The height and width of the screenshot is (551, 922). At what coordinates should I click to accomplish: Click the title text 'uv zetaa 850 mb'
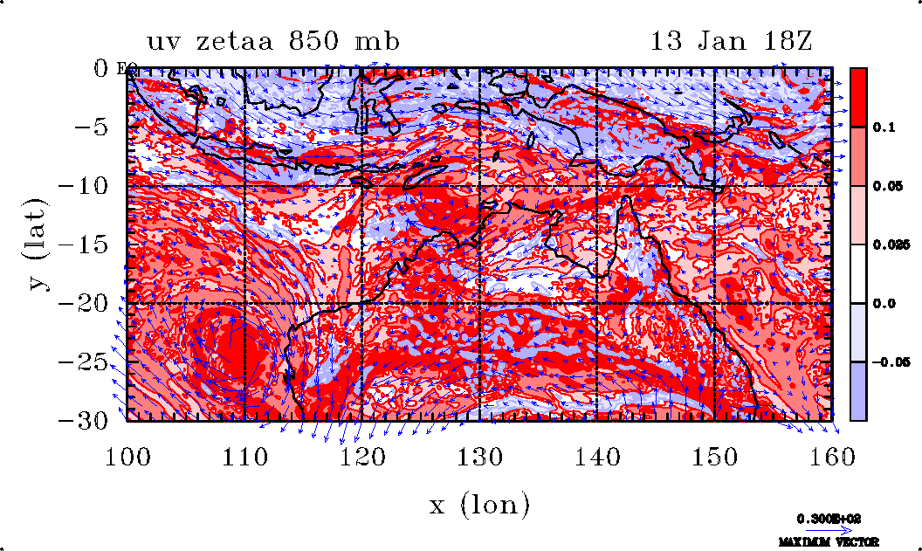(x=274, y=41)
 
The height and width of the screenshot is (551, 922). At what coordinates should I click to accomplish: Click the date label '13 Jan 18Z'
(x=732, y=41)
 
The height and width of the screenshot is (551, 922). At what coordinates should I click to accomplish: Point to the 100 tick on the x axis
(x=127, y=458)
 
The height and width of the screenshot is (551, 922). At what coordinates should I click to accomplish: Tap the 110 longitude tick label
(x=244, y=458)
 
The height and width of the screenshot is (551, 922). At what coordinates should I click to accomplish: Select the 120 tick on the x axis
(x=361, y=458)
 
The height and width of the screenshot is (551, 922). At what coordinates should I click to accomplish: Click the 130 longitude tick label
(x=479, y=458)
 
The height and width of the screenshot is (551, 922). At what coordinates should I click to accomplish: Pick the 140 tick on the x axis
(x=596, y=458)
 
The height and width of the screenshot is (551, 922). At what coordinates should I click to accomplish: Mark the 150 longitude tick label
(x=714, y=458)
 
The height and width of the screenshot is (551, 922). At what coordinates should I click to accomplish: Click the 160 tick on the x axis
(x=831, y=458)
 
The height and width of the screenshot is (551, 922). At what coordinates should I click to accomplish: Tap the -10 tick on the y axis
(x=86, y=186)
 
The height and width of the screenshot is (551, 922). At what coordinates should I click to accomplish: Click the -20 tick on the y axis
(x=86, y=303)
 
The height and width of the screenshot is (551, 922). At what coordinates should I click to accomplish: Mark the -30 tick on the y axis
(x=86, y=420)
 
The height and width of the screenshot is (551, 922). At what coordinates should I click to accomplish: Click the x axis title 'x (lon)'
(x=479, y=504)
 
